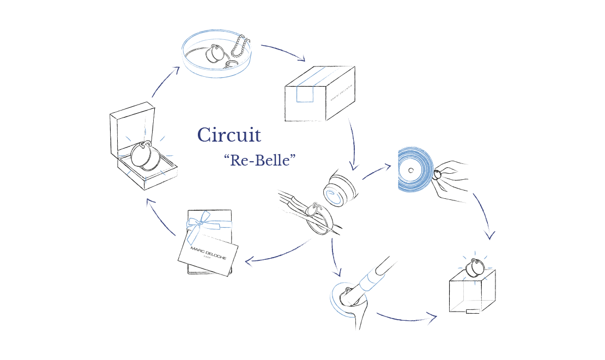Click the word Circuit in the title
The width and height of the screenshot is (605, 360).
[229, 135]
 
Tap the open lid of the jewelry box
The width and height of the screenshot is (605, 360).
[132, 127]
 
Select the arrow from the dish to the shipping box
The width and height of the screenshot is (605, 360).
[283, 52]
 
